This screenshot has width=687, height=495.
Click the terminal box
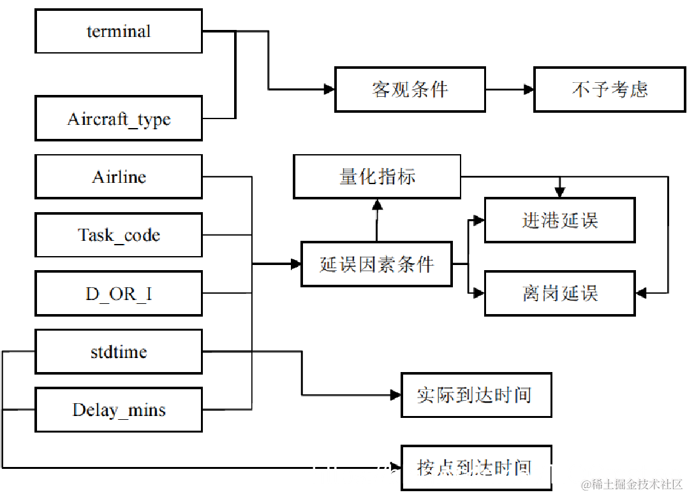click(x=119, y=31)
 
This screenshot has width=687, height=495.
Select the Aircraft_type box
click(x=119, y=118)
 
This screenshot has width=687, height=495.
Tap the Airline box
click(x=119, y=176)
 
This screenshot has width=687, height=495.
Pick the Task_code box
click(x=119, y=235)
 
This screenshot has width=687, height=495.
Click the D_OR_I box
click(x=119, y=294)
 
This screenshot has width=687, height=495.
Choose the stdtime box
click(x=119, y=352)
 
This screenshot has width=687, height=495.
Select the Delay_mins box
click(x=119, y=410)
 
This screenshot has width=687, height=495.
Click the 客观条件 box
click(x=410, y=89)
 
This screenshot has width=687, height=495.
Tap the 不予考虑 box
click(x=609, y=89)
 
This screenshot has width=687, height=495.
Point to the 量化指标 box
click(x=377, y=176)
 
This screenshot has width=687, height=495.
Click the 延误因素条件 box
click(x=376, y=264)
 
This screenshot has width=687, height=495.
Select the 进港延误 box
click(x=559, y=220)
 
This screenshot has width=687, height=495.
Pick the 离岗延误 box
click(x=559, y=294)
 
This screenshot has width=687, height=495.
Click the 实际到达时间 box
click(x=476, y=395)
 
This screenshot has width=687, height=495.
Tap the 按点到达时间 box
click(x=476, y=468)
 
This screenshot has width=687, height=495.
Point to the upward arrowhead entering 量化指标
click(x=377, y=204)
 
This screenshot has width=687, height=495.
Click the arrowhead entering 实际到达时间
click(x=395, y=395)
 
